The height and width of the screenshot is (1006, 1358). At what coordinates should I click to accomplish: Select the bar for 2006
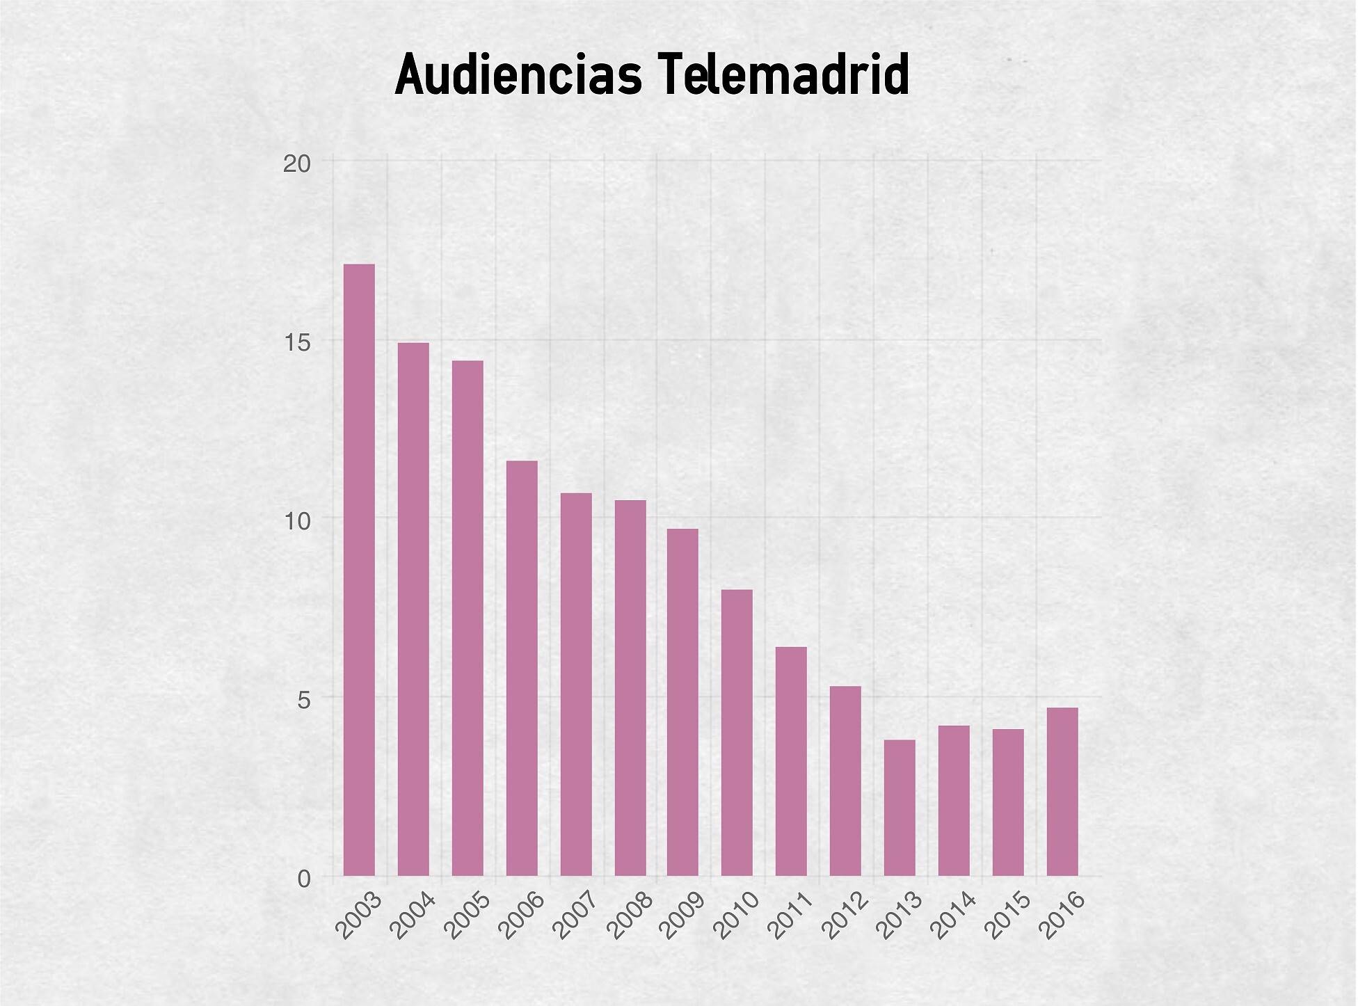click(x=522, y=668)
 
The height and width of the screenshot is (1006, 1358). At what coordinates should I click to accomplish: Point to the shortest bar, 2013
click(x=900, y=807)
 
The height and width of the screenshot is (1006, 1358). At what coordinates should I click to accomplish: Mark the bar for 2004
click(x=413, y=609)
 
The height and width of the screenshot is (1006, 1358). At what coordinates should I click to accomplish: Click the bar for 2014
click(x=954, y=800)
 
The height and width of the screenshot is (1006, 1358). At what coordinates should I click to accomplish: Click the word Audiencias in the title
click(x=518, y=74)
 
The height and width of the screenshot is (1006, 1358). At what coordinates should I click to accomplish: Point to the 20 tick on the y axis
click(x=296, y=164)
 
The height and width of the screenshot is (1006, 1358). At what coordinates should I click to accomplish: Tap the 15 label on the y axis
click(x=296, y=343)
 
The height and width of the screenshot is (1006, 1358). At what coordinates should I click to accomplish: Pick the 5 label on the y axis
click(x=304, y=700)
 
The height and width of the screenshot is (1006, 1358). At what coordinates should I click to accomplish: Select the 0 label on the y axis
click(x=304, y=879)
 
